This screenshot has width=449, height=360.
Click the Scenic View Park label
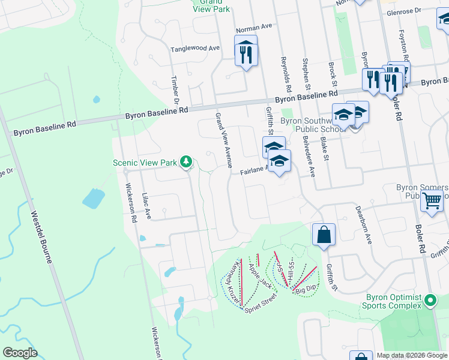(x=145, y=163)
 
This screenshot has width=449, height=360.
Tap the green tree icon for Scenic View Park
(x=186, y=161)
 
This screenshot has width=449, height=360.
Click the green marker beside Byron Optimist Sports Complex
(x=430, y=300)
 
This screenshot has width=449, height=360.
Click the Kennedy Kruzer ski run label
(x=234, y=281)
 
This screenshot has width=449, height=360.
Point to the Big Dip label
(x=306, y=289)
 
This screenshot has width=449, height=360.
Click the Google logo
(x=20, y=353)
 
